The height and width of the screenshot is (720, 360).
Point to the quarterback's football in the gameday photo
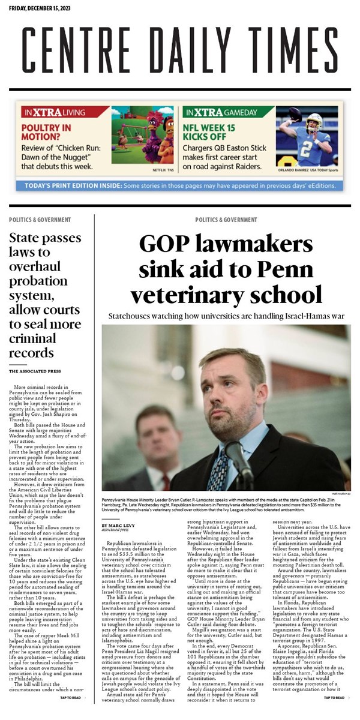(295, 113)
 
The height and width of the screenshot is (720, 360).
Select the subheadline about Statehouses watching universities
(226, 316)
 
